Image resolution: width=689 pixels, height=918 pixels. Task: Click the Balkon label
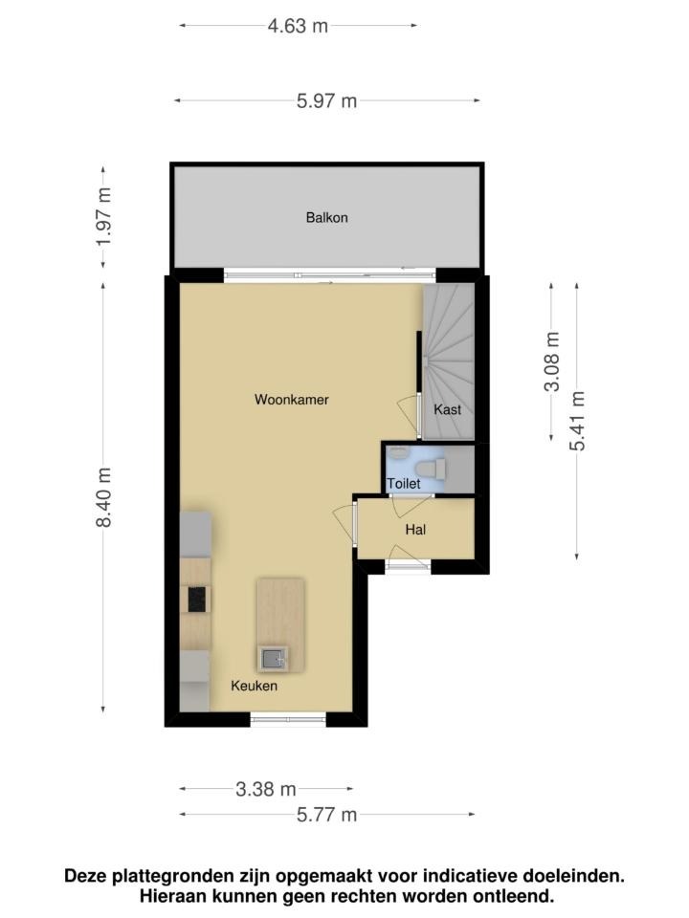tap(326, 218)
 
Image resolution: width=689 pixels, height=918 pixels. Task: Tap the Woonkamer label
tap(291, 400)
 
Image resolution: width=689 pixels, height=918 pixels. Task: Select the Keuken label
tap(254, 686)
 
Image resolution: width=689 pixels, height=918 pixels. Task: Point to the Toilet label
tap(404, 484)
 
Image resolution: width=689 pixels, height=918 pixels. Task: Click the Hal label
tap(415, 530)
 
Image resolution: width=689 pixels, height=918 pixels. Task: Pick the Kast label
tap(447, 409)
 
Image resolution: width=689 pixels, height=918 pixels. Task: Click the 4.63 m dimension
tap(298, 27)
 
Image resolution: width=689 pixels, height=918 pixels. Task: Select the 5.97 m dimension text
tap(326, 101)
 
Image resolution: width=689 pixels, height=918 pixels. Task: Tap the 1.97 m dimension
tap(103, 217)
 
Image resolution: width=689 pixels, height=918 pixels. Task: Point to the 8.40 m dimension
tap(103, 497)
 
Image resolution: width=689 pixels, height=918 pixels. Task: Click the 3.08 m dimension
tap(551, 361)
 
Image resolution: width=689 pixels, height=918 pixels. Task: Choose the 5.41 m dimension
tap(577, 421)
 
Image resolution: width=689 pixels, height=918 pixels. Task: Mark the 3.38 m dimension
tap(265, 789)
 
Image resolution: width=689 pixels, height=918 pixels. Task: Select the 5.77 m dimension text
tap(326, 815)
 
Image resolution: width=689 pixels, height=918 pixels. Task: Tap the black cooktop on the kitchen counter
tap(196, 600)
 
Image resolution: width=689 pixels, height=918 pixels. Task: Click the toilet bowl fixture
tap(431, 469)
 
